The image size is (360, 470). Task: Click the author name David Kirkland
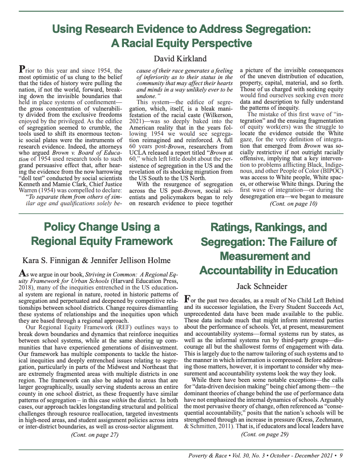pyautogui.click(x=180, y=59)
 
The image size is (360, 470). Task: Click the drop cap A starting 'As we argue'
pyautogui.click(x=22, y=273)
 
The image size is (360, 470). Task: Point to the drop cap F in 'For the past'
pyautogui.click(x=187, y=299)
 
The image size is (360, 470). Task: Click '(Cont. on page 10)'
pyautogui.click(x=293, y=204)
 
